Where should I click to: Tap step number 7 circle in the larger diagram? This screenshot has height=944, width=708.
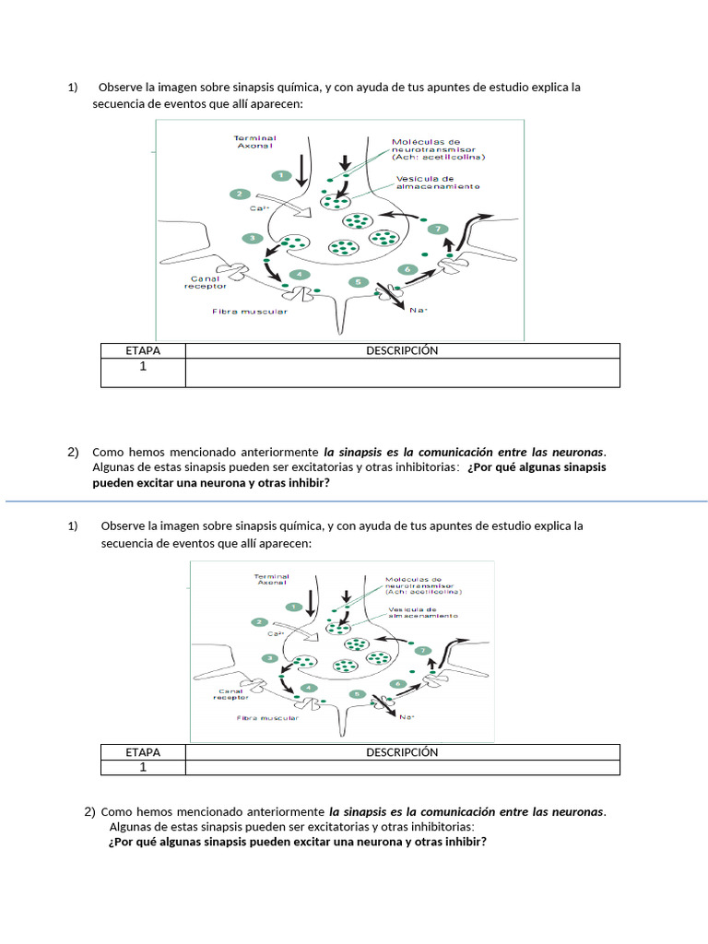click(438, 229)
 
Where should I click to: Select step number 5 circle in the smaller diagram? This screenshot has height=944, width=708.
click(356, 693)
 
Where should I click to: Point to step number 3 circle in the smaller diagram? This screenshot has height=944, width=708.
click(270, 658)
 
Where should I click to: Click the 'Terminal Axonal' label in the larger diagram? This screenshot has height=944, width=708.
click(256, 142)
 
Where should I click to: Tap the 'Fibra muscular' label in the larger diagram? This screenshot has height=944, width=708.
click(250, 312)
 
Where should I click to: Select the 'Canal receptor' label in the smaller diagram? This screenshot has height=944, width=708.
click(231, 694)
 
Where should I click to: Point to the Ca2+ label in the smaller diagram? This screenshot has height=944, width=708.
click(275, 634)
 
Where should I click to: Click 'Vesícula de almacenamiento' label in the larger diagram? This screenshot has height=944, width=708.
click(438, 183)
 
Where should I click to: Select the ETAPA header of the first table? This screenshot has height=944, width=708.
click(143, 351)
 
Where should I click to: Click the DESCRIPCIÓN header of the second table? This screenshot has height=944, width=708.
click(402, 752)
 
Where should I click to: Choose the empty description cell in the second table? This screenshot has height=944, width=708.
click(402, 767)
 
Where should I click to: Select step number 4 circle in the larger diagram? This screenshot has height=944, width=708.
click(296, 275)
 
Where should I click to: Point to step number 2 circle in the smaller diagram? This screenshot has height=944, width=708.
click(260, 622)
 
